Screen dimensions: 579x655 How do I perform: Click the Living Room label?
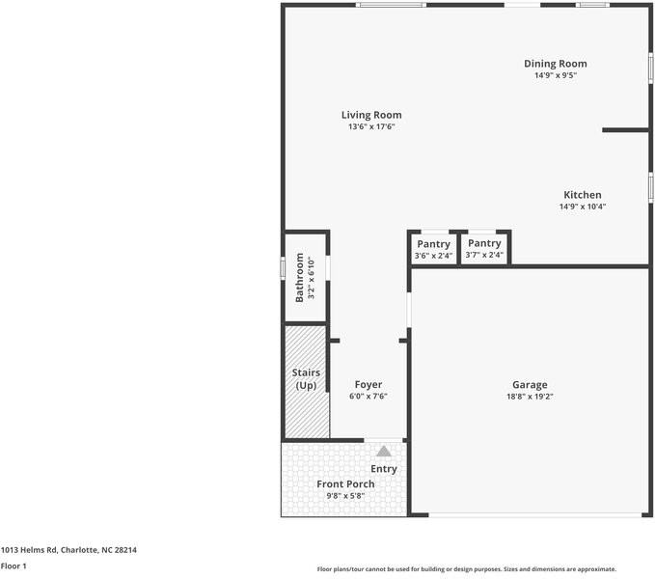(x=371, y=115)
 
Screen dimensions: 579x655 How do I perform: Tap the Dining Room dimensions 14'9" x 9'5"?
(x=555, y=75)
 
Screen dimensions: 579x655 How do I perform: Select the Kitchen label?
(x=582, y=194)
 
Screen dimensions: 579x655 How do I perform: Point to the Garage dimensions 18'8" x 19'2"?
(x=530, y=396)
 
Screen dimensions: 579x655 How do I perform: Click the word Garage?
(x=530, y=383)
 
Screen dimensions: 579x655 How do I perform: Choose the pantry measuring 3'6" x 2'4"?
(x=433, y=249)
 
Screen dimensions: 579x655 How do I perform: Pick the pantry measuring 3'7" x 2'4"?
(x=484, y=249)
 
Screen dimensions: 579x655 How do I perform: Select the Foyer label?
(x=368, y=383)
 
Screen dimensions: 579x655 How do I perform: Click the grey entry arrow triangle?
(x=384, y=451)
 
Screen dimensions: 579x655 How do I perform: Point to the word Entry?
(x=384, y=469)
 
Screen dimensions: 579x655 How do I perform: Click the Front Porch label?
(x=345, y=483)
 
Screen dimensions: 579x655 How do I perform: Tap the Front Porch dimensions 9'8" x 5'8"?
(x=345, y=496)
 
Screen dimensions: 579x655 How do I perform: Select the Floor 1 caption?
(x=14, y=565)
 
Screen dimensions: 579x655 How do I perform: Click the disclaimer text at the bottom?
(x=466, y=568)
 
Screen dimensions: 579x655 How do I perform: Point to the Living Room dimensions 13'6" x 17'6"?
(x=371, y=126)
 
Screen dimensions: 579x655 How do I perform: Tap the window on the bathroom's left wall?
(x=283, y=266)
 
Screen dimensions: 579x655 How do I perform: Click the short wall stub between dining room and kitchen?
(x=624, y=129)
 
